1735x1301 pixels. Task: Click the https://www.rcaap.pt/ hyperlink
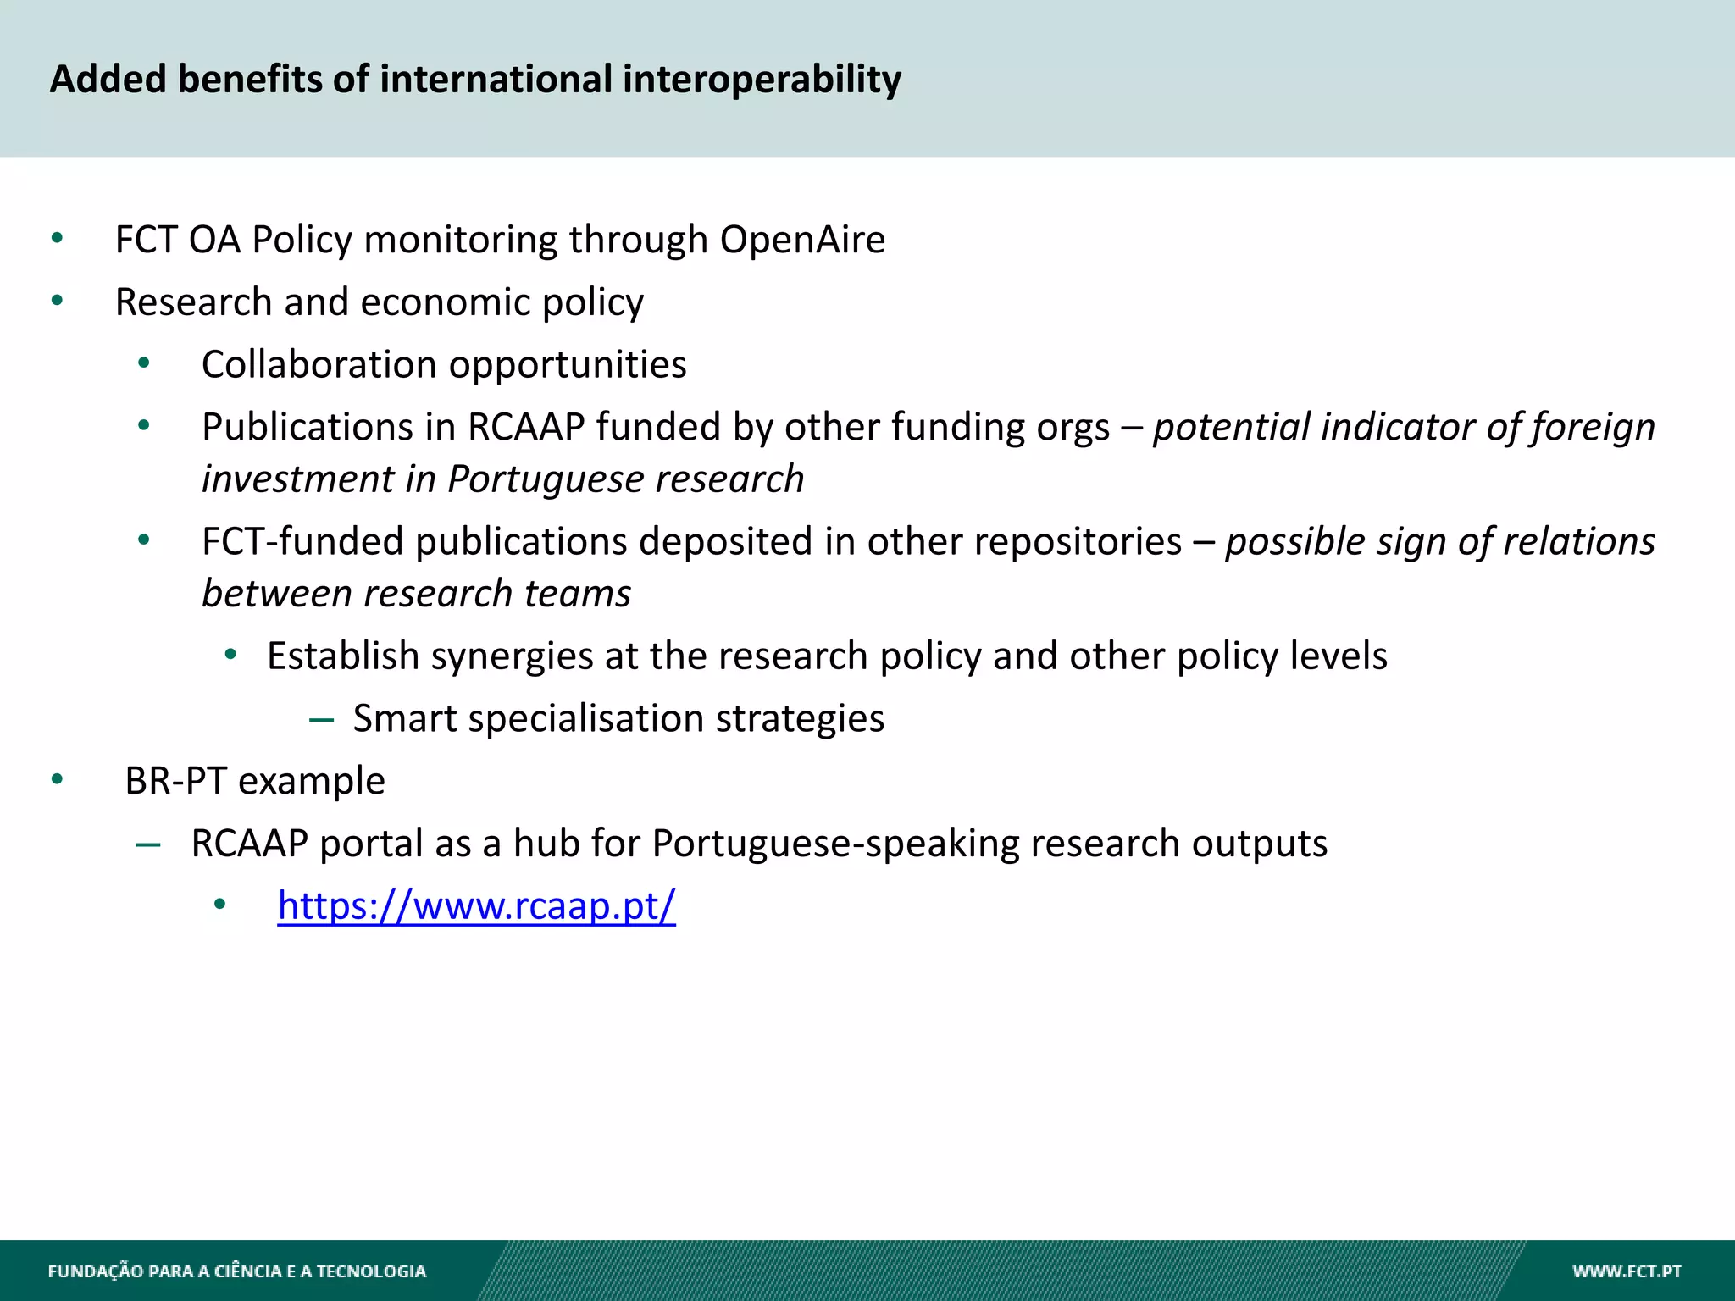point(476,905)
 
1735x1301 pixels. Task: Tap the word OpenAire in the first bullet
point(802,240)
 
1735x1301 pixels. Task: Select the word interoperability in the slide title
point(762,80)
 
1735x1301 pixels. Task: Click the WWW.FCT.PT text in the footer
point(1627,1271)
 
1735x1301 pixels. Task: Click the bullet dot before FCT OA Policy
point(57,238)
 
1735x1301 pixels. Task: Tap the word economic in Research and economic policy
point(446,302)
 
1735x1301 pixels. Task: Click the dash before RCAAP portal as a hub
point(148,844)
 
